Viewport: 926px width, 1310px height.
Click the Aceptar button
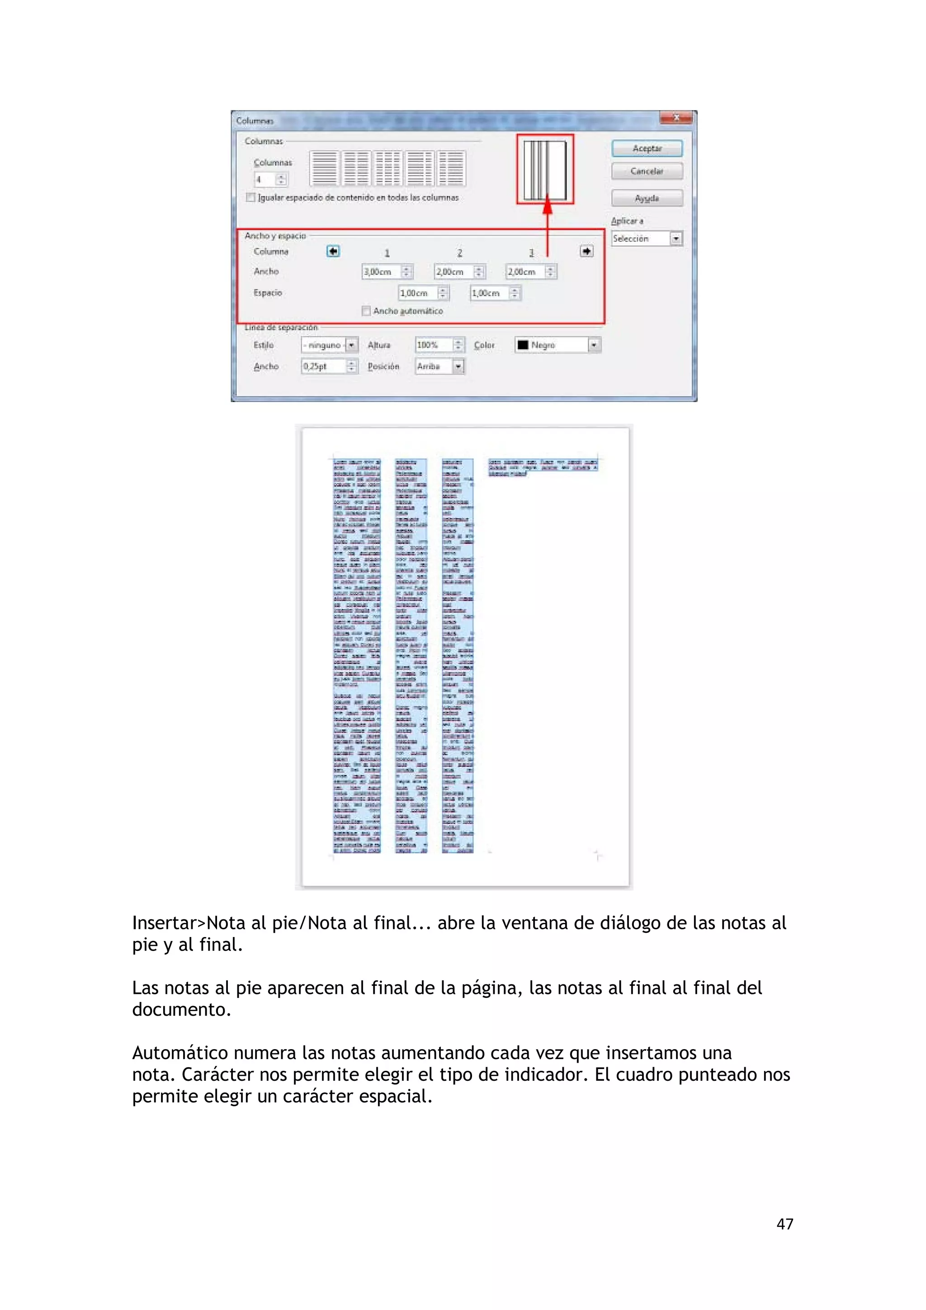pos(647,148)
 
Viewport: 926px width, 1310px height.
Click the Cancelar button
pos(647,171)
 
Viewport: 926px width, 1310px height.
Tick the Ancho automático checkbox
pos(366,311)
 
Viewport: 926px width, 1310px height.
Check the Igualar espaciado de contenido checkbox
pos(250,198)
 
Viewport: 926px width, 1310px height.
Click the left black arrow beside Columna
pos(333,251)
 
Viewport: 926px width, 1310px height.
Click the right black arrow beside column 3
pos(586,251)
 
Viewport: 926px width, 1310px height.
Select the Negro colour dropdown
pos(557,345)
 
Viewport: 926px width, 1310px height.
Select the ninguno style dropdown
pos(329,345)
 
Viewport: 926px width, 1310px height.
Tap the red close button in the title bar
pos(676,118)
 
